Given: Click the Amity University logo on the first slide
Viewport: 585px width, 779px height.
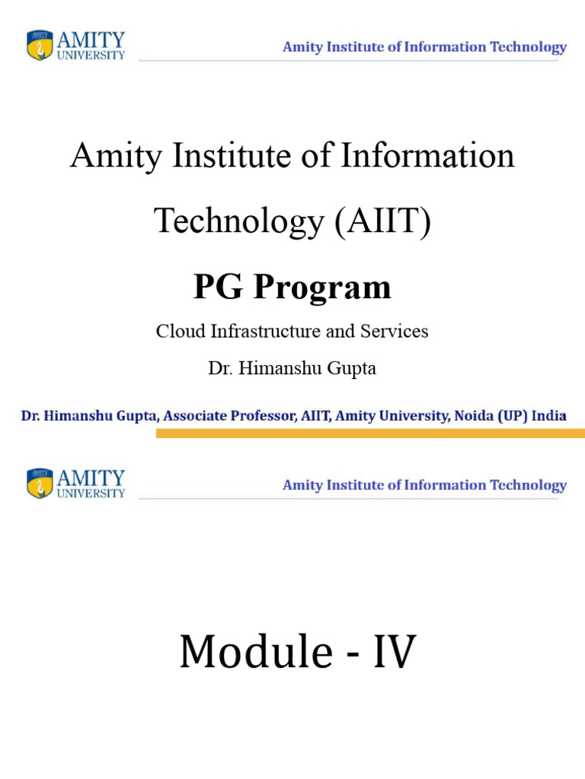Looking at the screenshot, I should click(x=76, y=46).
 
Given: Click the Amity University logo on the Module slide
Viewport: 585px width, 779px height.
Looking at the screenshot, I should click(x=76, y=484).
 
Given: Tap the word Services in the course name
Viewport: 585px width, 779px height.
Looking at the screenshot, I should click(x=398, y=332).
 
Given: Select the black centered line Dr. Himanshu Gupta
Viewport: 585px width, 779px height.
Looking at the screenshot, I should click(x=292, y=369).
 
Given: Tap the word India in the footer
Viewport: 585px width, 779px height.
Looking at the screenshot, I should click(x=548, y=416).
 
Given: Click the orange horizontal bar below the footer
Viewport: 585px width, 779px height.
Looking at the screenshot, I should click(x=370, y=433).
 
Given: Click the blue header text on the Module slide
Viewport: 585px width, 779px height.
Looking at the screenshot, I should click(x=424, y=485).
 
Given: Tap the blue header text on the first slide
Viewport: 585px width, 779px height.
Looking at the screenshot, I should click(x=424, y=47).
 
